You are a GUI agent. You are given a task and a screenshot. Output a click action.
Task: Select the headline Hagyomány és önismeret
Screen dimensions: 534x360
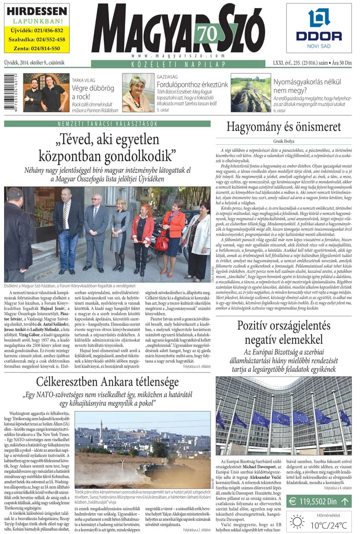pyautogui.click(x=283, y=127)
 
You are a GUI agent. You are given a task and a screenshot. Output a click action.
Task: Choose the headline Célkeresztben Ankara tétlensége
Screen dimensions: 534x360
pyautogui.click(x=108, y=383)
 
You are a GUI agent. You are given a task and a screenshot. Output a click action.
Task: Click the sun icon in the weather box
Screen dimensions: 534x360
pyautogui.click(x=297, y=521)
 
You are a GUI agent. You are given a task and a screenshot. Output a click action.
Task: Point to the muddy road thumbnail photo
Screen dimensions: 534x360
pyautogui.click(x=251, y=93)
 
